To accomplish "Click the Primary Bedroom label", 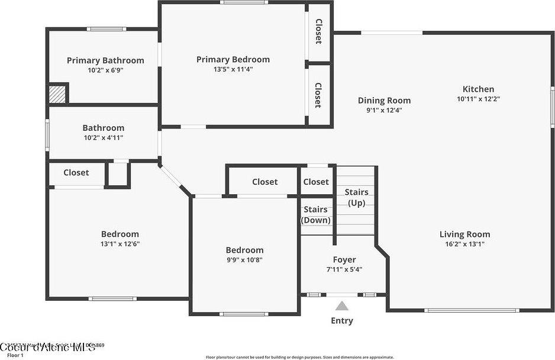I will [233, 59].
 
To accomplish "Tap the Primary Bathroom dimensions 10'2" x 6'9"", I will [105, 70].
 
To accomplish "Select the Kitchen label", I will [478, 89].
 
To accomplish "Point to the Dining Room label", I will [384, 101].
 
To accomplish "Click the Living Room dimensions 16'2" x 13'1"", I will [464, 244].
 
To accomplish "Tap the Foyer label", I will [344, 259].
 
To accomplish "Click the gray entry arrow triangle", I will [342, 306].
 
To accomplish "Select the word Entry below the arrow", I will [342, 321].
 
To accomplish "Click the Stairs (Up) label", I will [356, 198].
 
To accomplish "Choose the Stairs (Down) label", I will [316, 215].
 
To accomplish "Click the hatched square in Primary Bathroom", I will [57, 95].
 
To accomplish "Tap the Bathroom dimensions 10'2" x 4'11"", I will [104, 137].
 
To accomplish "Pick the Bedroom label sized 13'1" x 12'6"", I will [120, 234].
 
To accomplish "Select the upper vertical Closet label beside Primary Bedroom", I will [318, 32].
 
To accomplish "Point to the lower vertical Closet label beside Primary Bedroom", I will [318, 95].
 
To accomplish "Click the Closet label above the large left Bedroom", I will [76, 172].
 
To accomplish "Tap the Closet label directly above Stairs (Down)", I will [316, 182].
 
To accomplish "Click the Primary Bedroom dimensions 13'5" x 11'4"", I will [233, 69].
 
